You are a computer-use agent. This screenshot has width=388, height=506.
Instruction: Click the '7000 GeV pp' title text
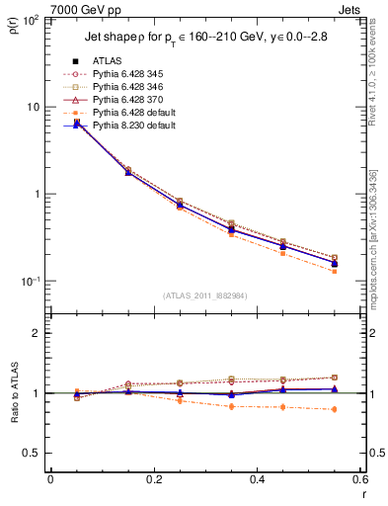click(86, 10)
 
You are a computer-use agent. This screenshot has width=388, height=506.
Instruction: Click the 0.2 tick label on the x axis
click(153, 479)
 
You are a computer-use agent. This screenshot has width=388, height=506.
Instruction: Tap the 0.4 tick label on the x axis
click(256, 479)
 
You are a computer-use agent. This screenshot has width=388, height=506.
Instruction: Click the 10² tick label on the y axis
click(32, 20)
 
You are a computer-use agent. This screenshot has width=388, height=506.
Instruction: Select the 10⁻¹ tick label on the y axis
click(32, 282)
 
